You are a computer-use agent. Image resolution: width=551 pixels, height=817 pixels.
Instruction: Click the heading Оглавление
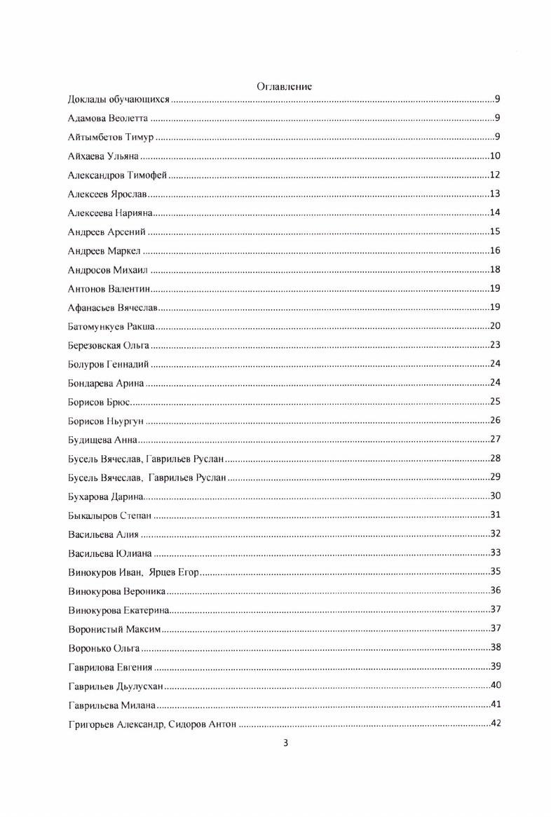click(284, 86)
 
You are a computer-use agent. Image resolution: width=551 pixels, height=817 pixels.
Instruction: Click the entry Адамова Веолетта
click(108, 118)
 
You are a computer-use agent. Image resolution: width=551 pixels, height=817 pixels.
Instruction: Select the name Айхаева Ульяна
click(103, 156)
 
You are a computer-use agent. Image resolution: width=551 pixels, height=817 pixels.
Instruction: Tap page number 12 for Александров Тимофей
click(494, 175)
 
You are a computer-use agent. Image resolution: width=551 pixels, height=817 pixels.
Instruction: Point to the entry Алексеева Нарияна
click(110, 212)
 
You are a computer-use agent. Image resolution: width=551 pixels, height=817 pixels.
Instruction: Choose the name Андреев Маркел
click(104, 250)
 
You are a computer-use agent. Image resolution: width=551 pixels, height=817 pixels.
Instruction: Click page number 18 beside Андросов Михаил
click(494, 269)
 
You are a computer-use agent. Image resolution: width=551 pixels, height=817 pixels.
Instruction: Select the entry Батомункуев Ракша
click(111, 326)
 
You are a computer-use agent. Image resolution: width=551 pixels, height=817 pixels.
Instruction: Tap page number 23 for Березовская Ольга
click(494, 345)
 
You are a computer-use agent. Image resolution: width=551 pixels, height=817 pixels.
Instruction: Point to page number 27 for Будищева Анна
click(494, 440)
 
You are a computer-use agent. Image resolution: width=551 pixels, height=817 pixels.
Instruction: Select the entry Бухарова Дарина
click(106, 497)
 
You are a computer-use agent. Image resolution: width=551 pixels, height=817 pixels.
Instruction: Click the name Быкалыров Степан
click(110, 515)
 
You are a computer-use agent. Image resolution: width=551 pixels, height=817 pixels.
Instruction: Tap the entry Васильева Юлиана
click(110, 553)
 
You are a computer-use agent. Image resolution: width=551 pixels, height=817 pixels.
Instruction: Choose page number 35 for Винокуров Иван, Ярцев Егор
click(494, 572)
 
